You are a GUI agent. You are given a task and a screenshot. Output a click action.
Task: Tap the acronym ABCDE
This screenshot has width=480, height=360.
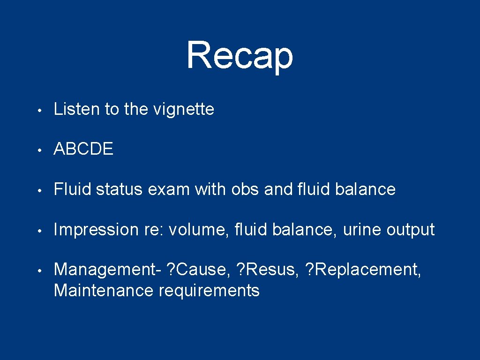83,150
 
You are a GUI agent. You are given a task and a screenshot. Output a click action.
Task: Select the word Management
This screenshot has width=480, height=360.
105,270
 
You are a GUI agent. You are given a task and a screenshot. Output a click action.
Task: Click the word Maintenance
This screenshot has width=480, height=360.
104,291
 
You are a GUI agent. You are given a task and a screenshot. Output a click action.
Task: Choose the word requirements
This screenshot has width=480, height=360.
209,291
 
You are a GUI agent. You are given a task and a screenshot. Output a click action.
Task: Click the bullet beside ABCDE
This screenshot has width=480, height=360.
41,150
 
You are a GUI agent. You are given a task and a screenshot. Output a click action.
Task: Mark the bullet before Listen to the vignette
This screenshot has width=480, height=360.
41,111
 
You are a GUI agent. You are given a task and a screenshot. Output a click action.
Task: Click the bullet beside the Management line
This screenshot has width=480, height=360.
41,270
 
